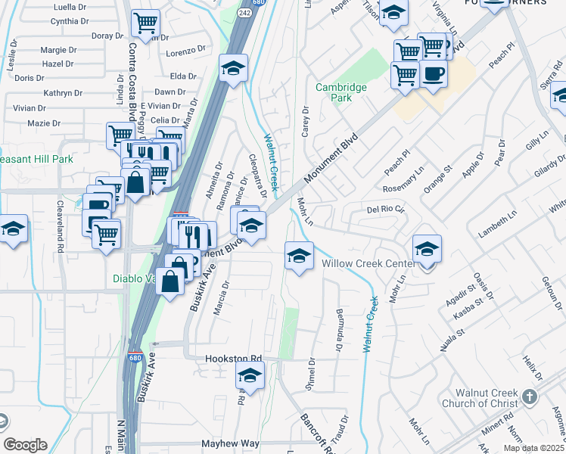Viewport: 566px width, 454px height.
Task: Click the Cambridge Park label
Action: point(341,92)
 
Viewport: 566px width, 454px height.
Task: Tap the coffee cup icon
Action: point(434,74)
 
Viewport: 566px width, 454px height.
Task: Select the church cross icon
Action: point(530,396)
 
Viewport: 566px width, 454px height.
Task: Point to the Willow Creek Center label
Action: point(367,263)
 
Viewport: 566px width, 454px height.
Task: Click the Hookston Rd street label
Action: point(233,358)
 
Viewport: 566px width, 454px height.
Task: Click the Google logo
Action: point(25,445)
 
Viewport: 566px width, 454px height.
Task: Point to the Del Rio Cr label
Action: point(386,209)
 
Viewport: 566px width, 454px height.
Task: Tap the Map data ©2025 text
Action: point(534,448)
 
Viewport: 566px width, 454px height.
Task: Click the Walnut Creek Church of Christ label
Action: point(486,398)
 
